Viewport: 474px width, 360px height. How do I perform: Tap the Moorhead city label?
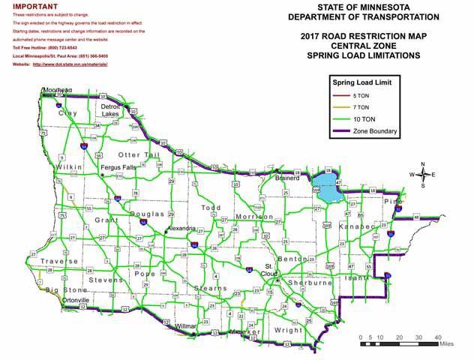click(x=58, y=90)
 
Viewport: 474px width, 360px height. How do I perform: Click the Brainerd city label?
click(x=288, y=179)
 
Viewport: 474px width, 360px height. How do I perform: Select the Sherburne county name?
click(x=309, y=283)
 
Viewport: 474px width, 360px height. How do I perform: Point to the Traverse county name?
click(x=59, y=261)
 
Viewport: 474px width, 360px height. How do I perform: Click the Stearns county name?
click(x=209, y=287)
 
